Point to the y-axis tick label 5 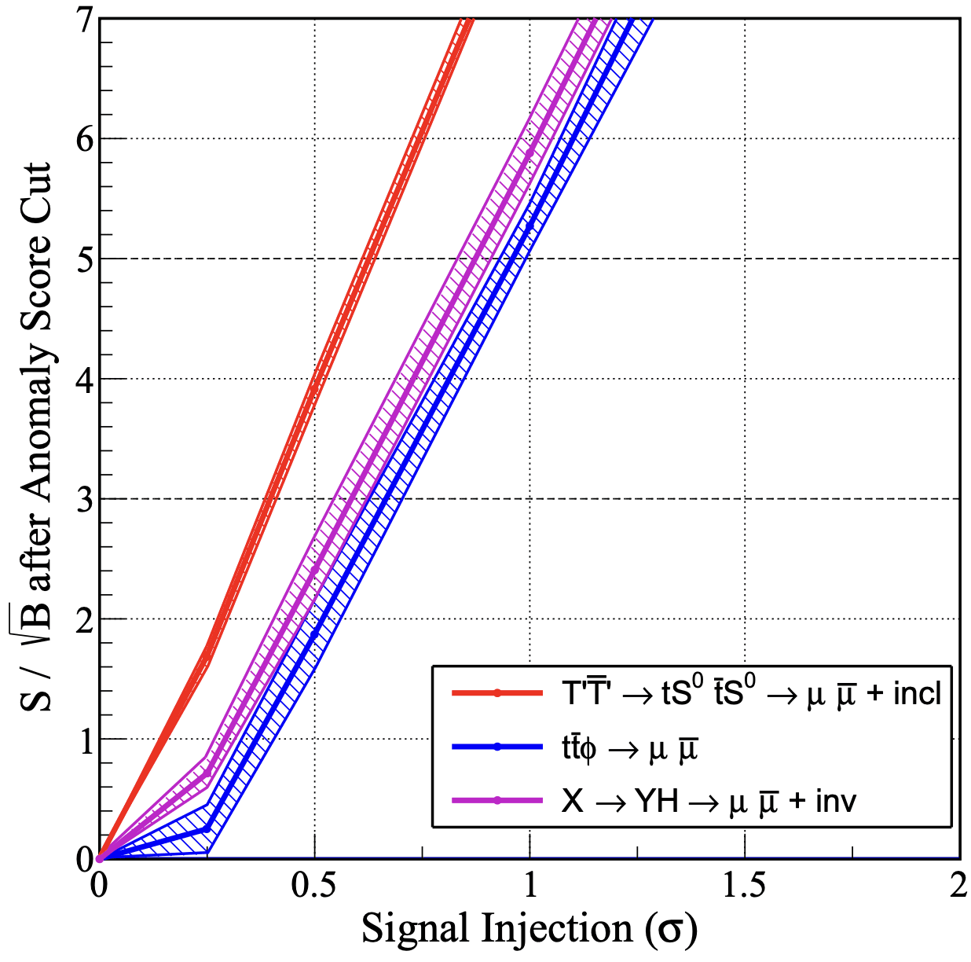[85, 259]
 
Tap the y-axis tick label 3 [85, 499]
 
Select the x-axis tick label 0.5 [314, 885]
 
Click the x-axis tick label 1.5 [744, 885]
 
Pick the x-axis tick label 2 [958, 885]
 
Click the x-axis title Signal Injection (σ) [529, 929]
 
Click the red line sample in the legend [497, 693]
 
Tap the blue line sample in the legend [497, 747]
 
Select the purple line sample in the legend [497, 801]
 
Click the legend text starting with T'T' [750, 693]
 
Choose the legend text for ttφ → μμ [629, 748]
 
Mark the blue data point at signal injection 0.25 [207, 828]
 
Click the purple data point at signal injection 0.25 [207, 774]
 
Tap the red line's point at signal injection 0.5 [314, 387]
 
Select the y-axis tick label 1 [85, 740]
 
